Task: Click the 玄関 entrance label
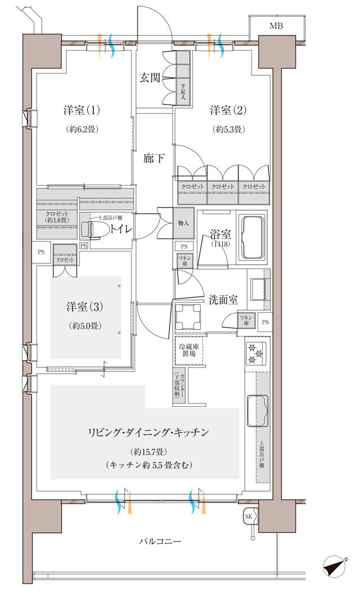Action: [x=149, y=78]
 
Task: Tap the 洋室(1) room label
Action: [x=82, y=109]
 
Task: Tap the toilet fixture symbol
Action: [x=92, y=228]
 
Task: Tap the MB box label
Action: [x=276, y=26]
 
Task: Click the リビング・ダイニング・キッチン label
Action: [x=148, y=432]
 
